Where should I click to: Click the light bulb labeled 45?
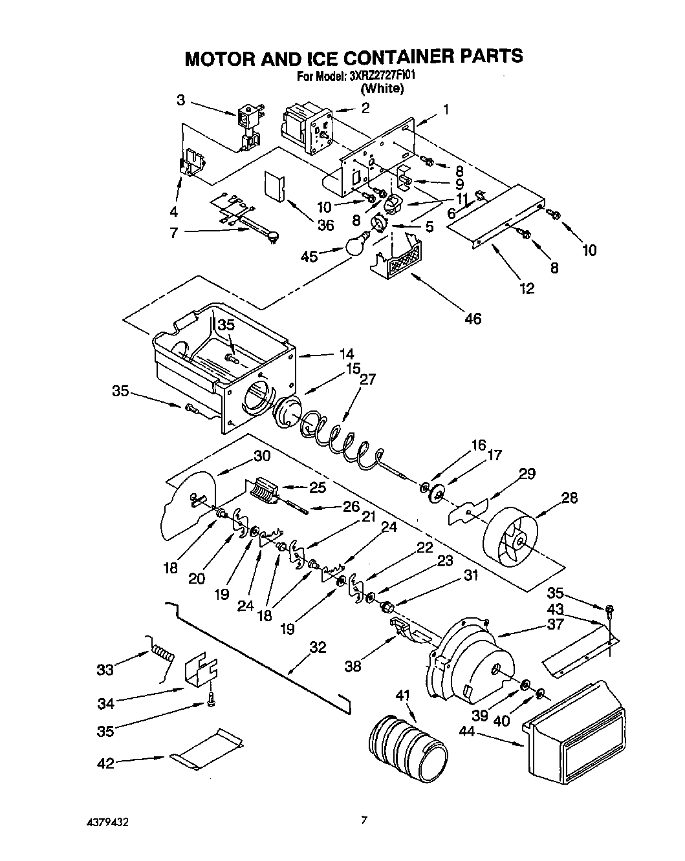click(354, 247)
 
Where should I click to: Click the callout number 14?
click(346, 354)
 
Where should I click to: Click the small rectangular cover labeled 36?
click(275, 187)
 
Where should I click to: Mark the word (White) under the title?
click(382, 89)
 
